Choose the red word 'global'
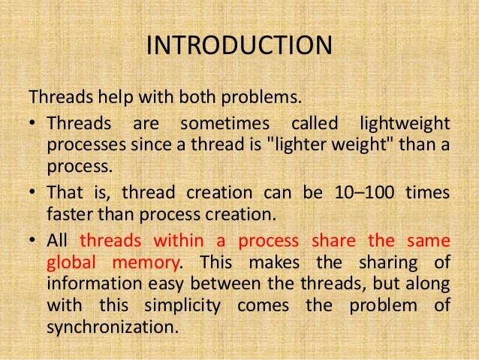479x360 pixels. (71, 263)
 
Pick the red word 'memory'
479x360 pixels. (148, 263)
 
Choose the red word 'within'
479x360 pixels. (182, 241)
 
